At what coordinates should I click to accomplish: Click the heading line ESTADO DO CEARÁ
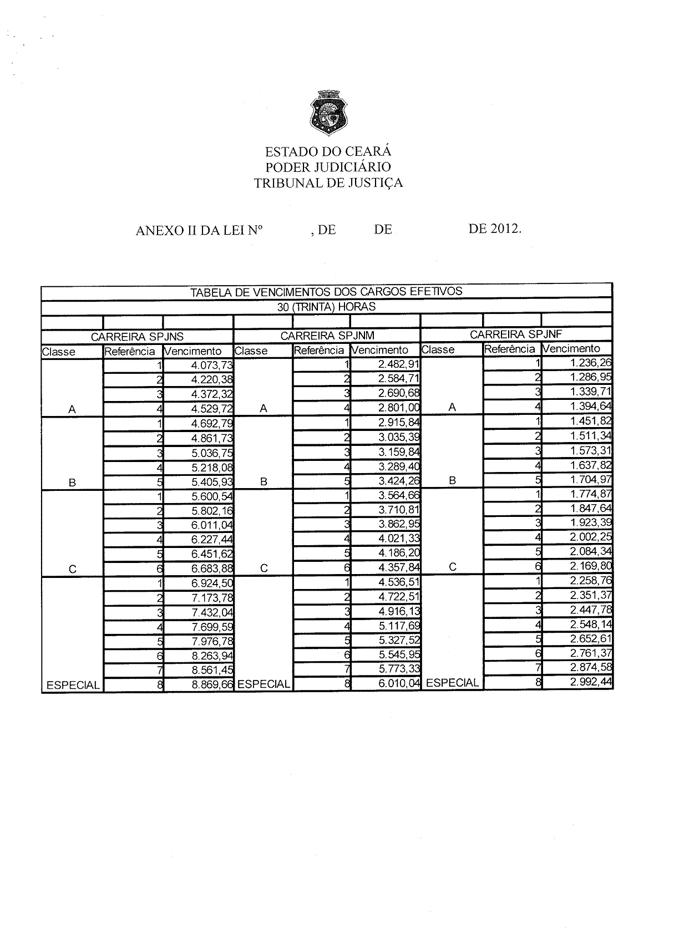[x=328, y=151]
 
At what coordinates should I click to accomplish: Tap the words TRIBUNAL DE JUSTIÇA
[x=328, y=182]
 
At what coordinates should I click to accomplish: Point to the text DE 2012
[x=495, y=229]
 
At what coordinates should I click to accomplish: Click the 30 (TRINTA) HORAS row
[x=326, y=307]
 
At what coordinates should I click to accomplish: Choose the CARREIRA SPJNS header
[x=137, y=336]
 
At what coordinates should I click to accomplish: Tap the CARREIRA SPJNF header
[x=516, y=334]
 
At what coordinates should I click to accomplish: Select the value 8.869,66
[x=212, y=684]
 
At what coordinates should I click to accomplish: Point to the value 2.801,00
[x=399, y=408]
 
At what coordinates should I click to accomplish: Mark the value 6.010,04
[x=399, y=683]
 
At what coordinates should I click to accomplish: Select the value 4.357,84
[x=399, y=567]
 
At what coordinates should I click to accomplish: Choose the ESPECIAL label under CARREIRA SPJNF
[x=452, y=683]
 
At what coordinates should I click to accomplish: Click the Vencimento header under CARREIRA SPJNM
[x=380, y=350]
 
